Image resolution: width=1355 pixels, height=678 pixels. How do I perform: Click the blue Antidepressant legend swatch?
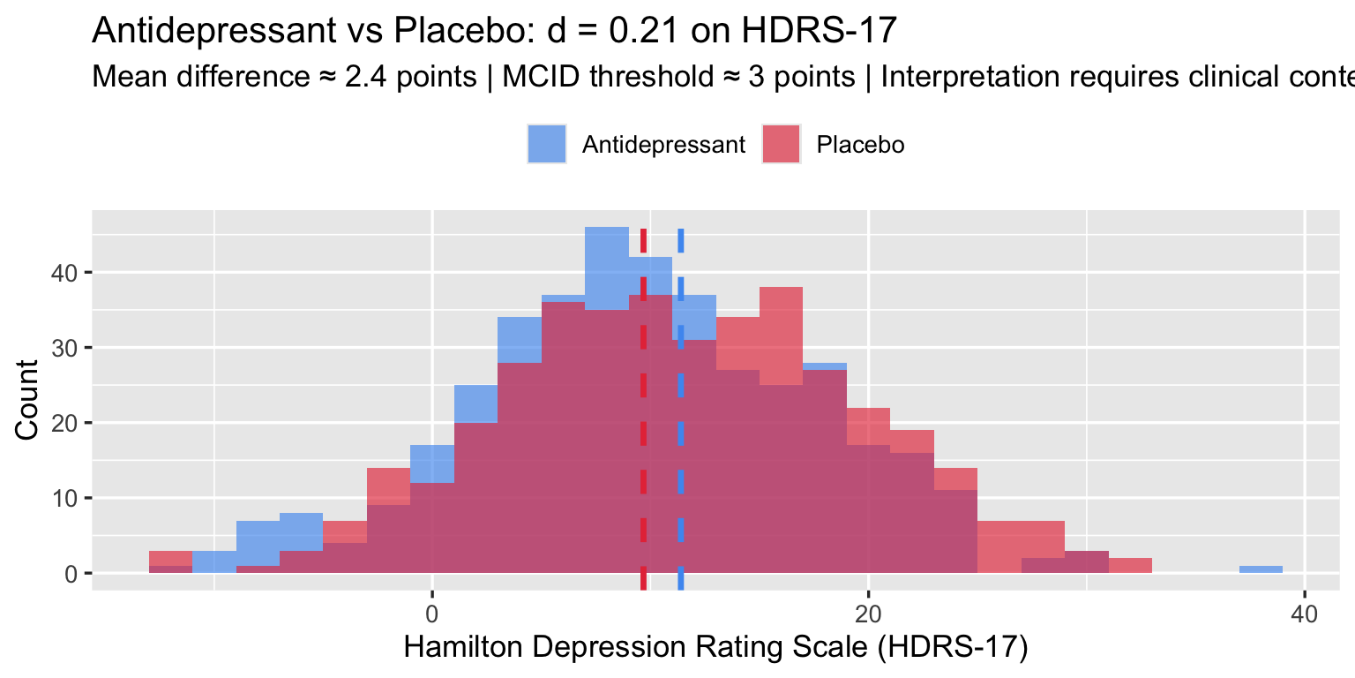click(548, 145)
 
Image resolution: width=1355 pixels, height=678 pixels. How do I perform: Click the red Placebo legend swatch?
click(782, 145)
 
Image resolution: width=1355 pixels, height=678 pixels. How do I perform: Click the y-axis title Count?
click(28, 399)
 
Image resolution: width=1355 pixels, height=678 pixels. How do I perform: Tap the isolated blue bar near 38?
click(1261, 569)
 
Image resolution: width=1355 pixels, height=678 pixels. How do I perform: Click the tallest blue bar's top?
click(606, 230)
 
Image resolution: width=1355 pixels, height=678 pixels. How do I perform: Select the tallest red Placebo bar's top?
click(781, 290)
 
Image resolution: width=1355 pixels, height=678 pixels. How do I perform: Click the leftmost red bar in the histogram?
click(170, 558)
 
